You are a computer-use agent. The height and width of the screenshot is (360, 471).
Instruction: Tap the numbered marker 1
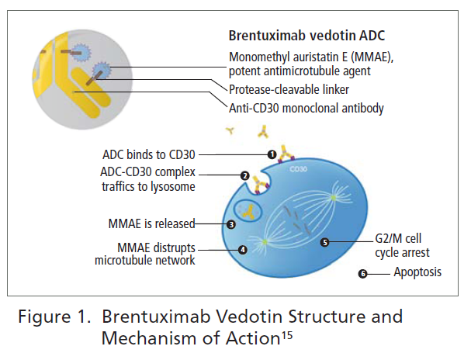[x=272, y=154]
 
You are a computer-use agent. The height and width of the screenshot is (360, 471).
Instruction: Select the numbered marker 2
[x=244, y=176]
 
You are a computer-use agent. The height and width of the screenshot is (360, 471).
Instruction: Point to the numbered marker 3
[x=231, y=224]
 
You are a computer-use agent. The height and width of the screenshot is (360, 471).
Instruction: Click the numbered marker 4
[x=243, y=250]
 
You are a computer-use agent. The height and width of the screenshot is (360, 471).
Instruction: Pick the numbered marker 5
[x=324, y=242]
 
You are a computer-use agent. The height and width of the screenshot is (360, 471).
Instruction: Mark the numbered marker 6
[x=362, y=273]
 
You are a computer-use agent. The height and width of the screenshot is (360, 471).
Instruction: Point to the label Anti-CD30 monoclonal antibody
[x=306, y=108]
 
